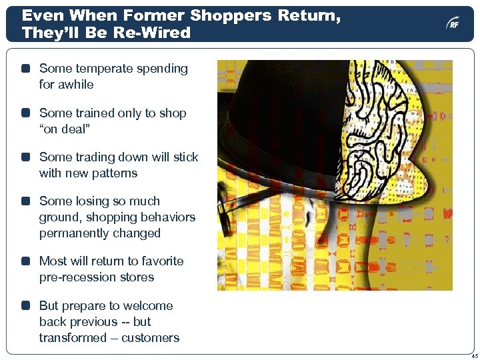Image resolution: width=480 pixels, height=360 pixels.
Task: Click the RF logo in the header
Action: pyautogui.click(x=453, y=24)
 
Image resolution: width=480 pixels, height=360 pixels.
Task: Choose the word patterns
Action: pyautogui.click(x=114, y=173)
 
